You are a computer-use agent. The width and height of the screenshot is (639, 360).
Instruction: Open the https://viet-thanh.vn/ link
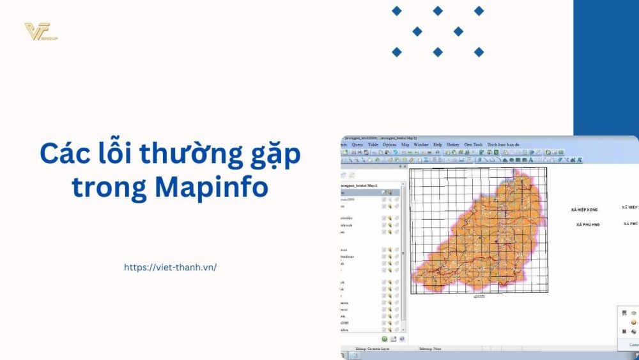[170, 267]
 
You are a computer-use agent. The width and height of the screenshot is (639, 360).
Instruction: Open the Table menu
[373, 145]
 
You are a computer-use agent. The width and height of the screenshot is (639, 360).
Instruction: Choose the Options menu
[389, 145]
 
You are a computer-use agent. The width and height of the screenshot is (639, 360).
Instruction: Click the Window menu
[421, 145]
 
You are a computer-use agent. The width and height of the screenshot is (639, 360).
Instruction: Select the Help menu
[438, 145]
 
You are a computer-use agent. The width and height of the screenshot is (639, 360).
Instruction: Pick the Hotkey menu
[452, 145]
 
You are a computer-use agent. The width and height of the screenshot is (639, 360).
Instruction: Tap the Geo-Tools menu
[473, 145]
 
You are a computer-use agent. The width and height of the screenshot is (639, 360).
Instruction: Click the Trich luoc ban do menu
[504, 145]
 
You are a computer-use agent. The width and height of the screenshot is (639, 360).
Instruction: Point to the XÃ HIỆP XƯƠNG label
[584, 210]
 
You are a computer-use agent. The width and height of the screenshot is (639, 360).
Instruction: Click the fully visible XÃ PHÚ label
[587, 224]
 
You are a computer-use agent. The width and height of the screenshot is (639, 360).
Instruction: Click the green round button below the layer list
[385, 339]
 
